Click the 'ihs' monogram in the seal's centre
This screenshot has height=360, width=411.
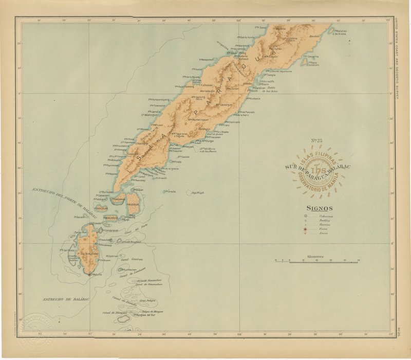[317, 171]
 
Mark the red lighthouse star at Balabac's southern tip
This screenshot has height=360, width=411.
[89, 275]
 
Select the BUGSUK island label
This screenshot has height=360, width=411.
[133, 204]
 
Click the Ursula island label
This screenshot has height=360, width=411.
[171, 191]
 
